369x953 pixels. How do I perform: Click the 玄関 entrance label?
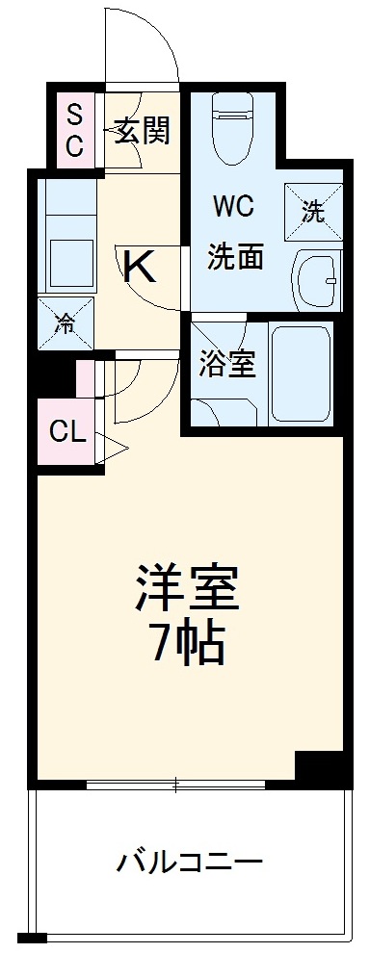coord(143,129)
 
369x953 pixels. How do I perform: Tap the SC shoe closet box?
coord(74,131)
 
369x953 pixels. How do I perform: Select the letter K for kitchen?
coord(142,267)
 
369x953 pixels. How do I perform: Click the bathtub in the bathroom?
coord(300,373)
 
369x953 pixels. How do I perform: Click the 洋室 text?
coord(185,589)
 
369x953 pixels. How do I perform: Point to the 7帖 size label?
coord(185,645)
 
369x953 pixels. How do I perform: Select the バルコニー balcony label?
coord(190,860)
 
